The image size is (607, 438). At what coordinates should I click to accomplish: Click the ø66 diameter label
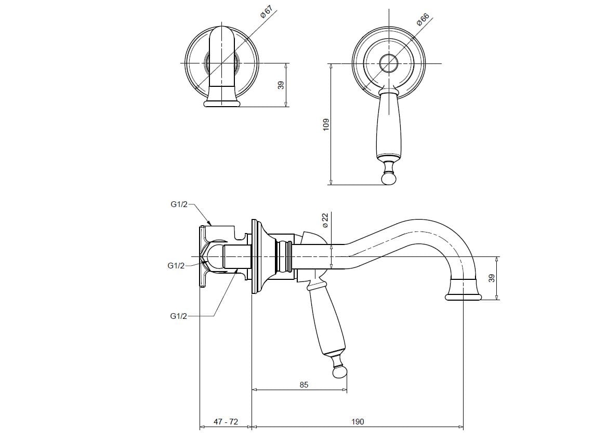tap(423, 19)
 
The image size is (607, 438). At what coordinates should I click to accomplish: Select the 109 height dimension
tap(326, 124)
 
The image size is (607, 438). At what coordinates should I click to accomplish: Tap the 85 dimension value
tap(304, 385)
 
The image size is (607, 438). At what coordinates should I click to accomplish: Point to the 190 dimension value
tap(358, 422)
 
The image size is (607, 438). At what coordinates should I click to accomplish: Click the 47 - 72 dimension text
tap(226, 422)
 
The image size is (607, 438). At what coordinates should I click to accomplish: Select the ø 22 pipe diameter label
tap(325, 220)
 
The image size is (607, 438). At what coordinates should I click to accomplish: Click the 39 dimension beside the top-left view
tap(281, 85)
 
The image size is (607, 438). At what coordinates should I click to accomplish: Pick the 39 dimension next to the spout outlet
tap(492, 278)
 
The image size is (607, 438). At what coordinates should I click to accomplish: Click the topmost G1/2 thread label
tap(179, 204)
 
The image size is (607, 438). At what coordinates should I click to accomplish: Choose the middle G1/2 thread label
tap(176, 265)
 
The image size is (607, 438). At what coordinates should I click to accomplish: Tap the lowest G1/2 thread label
tap(178, 316)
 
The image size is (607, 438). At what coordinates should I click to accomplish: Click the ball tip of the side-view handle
tap(340, 372)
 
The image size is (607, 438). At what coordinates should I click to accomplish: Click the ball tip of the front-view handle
tap(388, 178)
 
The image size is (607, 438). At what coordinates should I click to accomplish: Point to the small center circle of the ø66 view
tap(388, 63)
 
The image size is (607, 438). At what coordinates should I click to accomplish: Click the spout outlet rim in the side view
tap(463, 297)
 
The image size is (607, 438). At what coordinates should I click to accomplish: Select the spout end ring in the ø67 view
tap(222, 104)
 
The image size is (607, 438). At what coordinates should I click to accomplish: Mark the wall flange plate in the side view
tap(254, 256)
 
